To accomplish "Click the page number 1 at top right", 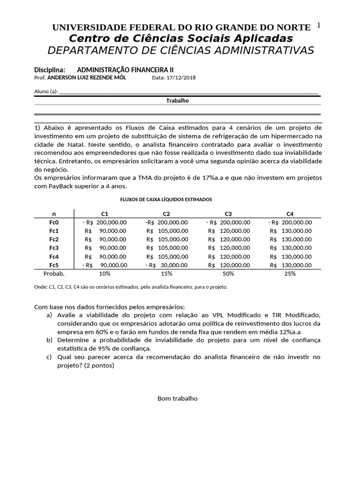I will pyautogui.click(x=319, y=25).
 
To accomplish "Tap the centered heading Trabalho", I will pyautogui.click(x=178, y=101).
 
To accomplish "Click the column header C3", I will pyautogui.click(x=228, y=213).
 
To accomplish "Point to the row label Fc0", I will pyautogui.click(x=54, y=222).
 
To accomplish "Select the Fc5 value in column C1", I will pyautogui.click(x=104, y=265).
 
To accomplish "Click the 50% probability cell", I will pyautogui.click(x=229, y=274).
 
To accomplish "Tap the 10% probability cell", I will pyautogui.click(x=105, y=274).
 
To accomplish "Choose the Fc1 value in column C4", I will pyautogui.click(x=291, y=231).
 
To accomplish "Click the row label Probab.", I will pyautogui.click(x=54, y=274).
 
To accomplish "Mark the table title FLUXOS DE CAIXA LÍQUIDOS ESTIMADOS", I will pyautogui.click(x=166, y=199).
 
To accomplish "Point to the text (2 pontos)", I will pyautogui.click(x=99, y=366).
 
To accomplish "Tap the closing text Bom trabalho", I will pyautogui.click(x=178, y=398).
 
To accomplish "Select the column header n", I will pyautogui.click(x=54, y=213).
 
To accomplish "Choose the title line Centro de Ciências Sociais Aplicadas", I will pyautogui.click(x=181, y=38).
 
